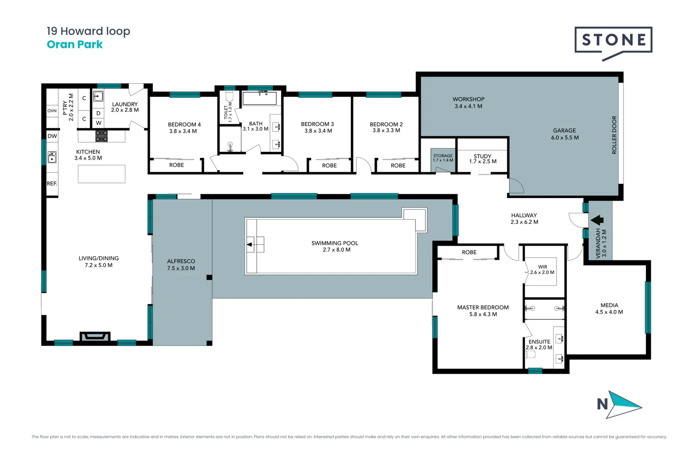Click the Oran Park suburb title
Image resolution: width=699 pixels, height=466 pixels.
[x=75, y=44]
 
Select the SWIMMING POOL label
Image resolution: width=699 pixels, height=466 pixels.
[x=335, y=243]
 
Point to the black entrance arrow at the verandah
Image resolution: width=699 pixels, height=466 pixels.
[x=597, y=220]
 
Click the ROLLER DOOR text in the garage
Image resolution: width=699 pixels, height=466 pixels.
[x=614, y=135]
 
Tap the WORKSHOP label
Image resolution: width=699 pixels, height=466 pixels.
[x=468, y=99]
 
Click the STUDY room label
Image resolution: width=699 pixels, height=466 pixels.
[x=482, y=156]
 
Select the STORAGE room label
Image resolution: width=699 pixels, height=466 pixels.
[x=443, y=156]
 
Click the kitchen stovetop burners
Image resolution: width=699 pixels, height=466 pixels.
[x=101, y=136]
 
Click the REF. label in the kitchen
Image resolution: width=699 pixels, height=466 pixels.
[x=52, y=183]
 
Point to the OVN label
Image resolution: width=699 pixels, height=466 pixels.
[x=52, y=111]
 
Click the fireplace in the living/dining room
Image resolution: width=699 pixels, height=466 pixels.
[x=95, y=337]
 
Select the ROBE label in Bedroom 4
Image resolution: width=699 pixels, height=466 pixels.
[x=176, y=165]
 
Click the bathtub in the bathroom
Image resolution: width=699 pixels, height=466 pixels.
[x=259, y=98]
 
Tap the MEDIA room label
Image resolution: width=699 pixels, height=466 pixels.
[x=609, y=305]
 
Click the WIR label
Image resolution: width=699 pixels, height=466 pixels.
[x=542, y=267]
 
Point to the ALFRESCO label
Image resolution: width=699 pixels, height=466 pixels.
[x=181, y=261]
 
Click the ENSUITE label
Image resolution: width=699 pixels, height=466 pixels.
[x=539, y=342]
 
